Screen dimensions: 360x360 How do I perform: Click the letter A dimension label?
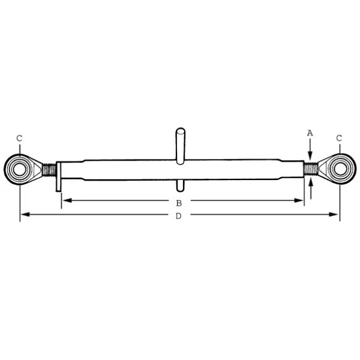pyautogui.click(x=310, y=133)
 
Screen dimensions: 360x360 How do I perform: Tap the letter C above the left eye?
pyautogui.click(x=19, y=139)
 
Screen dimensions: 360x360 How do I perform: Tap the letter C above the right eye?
pyautogui.click(x=339, y=139)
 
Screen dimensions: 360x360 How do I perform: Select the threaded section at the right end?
pyautogui.click(x=310, y=169)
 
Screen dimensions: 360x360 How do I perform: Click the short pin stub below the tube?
pyautogui.click(x=180, y=182)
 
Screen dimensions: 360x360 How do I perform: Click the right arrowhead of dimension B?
pyautogui.click(x=301, y=200)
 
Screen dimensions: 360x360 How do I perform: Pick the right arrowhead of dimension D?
pyautogui.click(x=336, y=214)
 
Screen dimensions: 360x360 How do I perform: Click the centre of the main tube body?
pyautogui.click(x=180, y=169)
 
